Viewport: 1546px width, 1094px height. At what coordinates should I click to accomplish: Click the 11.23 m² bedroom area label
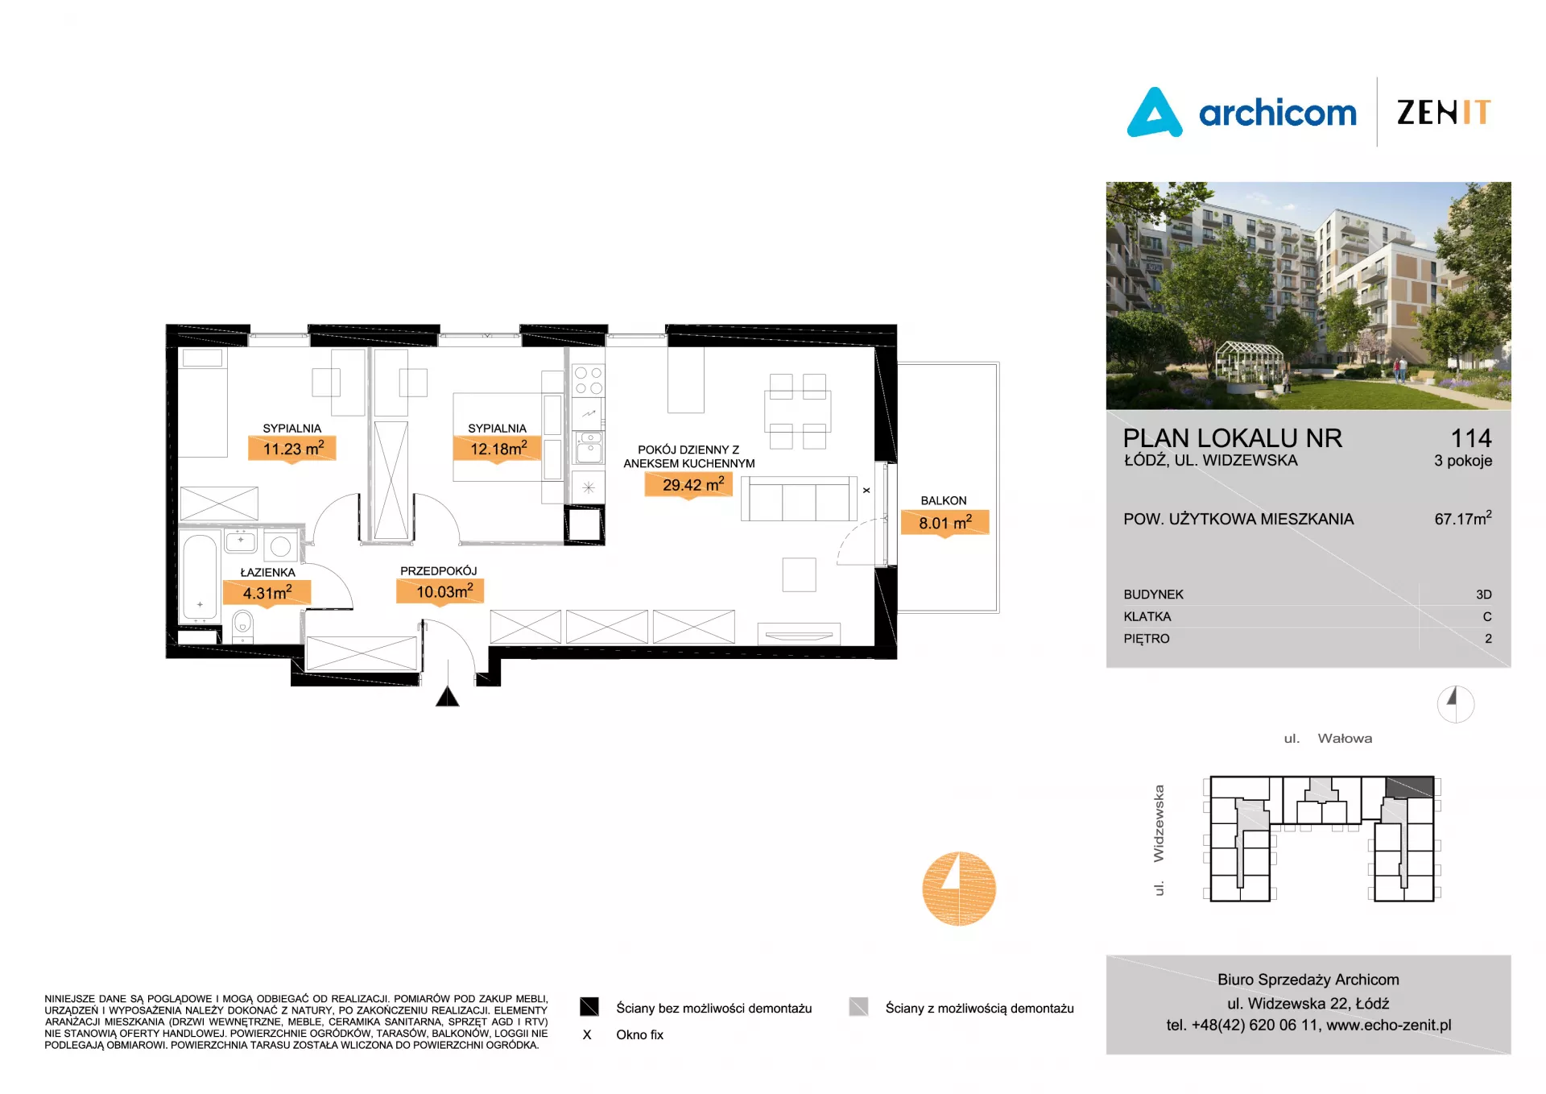coord(292,448)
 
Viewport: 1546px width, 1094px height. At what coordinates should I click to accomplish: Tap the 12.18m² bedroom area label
coord(498,448)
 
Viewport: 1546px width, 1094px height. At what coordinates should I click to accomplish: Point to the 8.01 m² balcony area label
coord(945,522)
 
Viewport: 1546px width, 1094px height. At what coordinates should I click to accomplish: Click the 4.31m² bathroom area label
coord(267,592)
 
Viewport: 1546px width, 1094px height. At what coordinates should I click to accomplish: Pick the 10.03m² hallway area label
coord(440,591)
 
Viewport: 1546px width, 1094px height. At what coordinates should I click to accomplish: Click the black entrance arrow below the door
coord(447,696)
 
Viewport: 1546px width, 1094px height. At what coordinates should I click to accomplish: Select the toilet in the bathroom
coord(242,625)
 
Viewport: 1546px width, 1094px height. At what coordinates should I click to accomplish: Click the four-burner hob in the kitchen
coord(589,381)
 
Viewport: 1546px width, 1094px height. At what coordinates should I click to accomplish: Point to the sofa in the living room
coord(800,499)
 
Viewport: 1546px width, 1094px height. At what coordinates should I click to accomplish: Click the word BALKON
coord(944,500)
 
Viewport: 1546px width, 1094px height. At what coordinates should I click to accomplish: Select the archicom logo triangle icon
coord(1155,112)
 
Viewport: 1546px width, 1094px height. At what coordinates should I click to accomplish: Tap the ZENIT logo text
coord(1444,112)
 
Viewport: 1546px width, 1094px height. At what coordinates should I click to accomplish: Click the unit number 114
coord(1471,437)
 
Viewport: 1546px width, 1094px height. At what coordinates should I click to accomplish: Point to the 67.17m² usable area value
coord(1463,517)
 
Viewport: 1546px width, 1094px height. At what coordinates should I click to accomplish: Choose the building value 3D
coord(1484,595)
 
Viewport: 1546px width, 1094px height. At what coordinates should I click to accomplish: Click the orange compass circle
coord(959,889)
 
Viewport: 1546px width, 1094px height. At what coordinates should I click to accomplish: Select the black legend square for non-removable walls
coord(589,1007)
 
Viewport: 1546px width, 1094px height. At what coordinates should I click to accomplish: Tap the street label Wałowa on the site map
coord(1345,738)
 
